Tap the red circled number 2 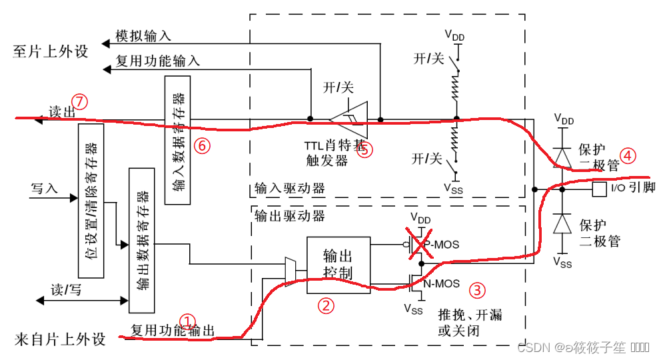[325, 305]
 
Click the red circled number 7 [80, 102]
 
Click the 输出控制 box [338, 265]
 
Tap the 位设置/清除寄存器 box [91, 200]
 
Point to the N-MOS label [440, 284]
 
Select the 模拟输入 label [143, 35]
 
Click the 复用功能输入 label [157, 61]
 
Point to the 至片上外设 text [50, 51]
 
